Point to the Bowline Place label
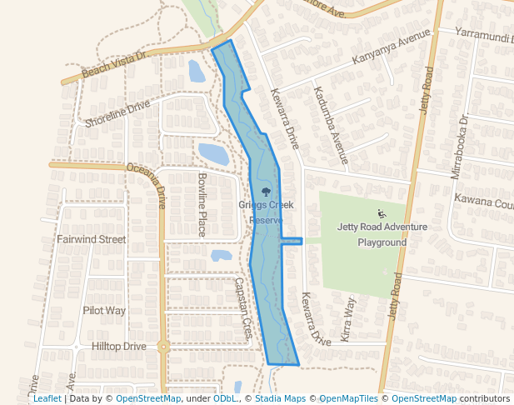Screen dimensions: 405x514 202,205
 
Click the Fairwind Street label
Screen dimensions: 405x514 91,239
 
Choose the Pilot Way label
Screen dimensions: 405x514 104,310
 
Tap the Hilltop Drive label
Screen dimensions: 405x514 117,346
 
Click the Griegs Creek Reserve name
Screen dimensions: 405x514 261,212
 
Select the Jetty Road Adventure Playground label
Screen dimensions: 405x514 382,234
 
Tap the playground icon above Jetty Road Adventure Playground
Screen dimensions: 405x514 382,212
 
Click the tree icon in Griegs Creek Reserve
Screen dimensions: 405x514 266,193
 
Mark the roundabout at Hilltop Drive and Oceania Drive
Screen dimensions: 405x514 163,346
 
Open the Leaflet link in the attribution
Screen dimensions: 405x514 47,398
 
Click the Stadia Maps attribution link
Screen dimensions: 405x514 280,398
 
